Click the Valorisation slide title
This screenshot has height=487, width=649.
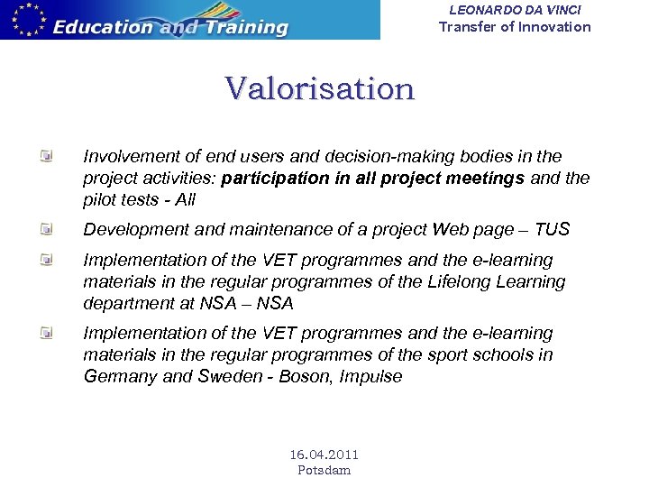[x=320, y=89]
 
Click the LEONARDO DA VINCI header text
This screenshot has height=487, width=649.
[x=515, y=9]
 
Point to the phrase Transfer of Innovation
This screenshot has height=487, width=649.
[x=515, y=26]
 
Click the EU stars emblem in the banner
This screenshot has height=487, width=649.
[x=24, y=19]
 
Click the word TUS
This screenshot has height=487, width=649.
[x=552, y=229]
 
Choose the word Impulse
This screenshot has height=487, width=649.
[x=370, y=377]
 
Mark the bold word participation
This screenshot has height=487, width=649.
[x=275, y=178]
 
